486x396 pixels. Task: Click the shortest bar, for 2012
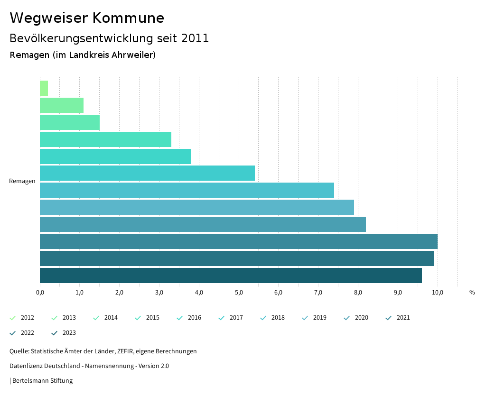click(x=44, y=88)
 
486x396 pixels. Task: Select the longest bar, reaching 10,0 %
click(x=238, y=241)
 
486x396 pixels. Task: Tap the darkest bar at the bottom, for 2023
click(x=231, y=276)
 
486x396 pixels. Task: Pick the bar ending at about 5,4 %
click(x=147, y=173)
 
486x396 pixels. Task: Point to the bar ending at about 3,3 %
click(x=105, y=139)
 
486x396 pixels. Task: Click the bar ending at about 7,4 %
click(x=187, y=190)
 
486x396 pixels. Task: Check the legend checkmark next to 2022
click(x=13, y=333)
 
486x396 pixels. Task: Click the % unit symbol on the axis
click(x=472, y=293)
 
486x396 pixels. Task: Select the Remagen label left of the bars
click(x=22, y=181)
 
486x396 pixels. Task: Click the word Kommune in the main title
click(x=129, y=18)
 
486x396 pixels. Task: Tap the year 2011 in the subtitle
click(x=195, y=38)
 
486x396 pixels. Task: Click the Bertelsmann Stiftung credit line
click(x=42, y=380)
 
